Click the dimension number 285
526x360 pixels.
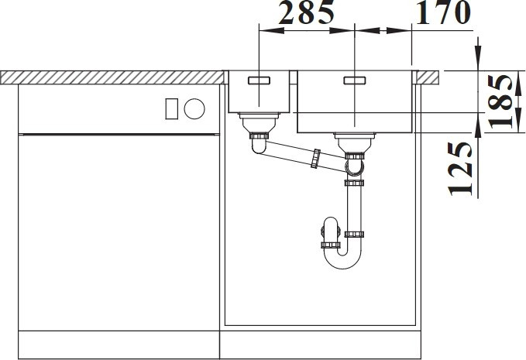click(x=307, y=12)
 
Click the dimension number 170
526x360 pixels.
click(x=443, y=12)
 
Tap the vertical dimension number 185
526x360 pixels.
click(x=500, y=101)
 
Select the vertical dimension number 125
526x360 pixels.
click(x=460, y=169)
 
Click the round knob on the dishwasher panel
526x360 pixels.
click(x=194, y=109)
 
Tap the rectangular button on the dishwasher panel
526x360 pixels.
click(x=172, y=109)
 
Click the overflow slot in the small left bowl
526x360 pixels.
click(x=259, y=81)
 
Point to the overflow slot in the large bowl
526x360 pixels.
click(x=355, y=81)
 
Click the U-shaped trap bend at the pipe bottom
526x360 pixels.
click(x=343, y=260)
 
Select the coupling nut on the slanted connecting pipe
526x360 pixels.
click(x=315, y=159)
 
